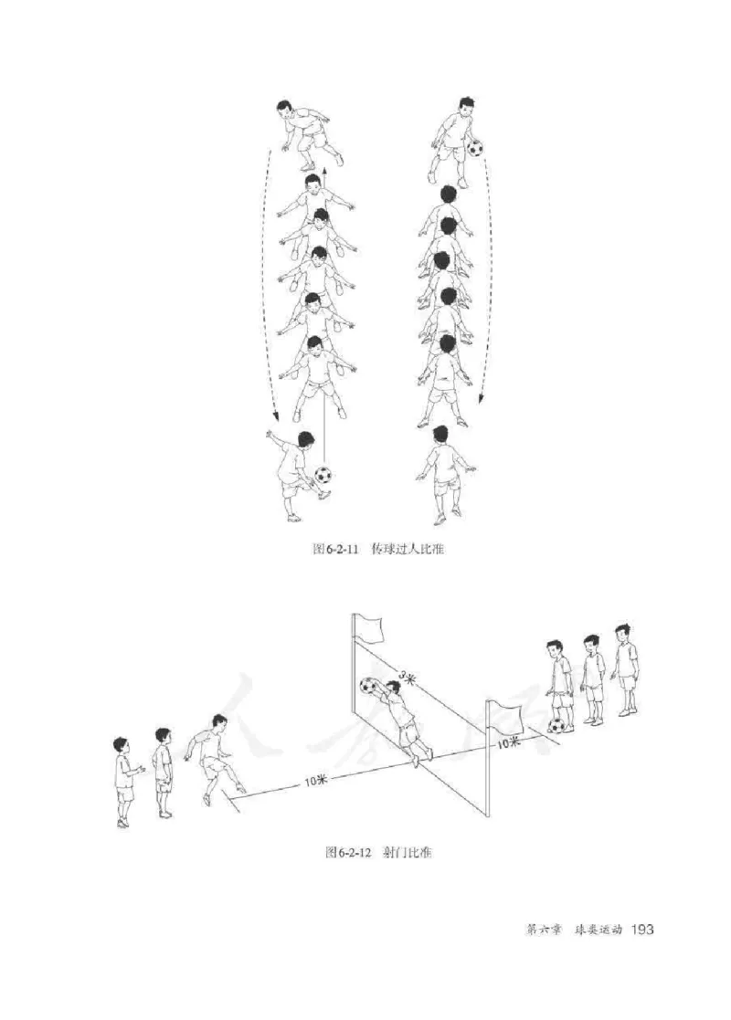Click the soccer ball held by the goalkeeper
click(368, 686)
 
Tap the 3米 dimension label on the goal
click(407, 678)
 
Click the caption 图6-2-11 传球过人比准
click(378, 549)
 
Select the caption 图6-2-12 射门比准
click(378, 851)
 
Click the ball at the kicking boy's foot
click(323, 475)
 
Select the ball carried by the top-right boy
click(475, 148)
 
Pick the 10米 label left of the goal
click(316, 781)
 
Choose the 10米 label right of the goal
click(508, 742)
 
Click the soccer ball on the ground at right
click(556, 725)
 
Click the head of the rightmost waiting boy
click(623, 632)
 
